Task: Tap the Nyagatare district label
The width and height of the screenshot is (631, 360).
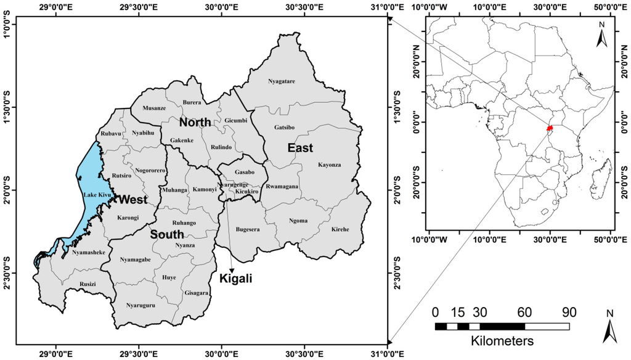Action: [282, 81]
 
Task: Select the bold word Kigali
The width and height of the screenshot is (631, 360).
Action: [236, 279]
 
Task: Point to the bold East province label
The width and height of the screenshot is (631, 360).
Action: [299, 148]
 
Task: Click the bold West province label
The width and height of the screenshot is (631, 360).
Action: [132, 200]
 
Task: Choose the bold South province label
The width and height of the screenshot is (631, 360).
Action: [166, 234]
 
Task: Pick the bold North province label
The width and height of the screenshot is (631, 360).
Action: [195, 123]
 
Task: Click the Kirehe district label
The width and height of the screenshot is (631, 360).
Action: [340, 229]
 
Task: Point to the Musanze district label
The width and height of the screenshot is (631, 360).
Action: [154, 108]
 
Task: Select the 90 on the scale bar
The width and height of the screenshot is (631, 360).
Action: [569, 312]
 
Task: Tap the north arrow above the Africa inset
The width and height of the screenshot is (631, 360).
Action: [603, 35]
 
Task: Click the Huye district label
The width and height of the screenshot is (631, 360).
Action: [169, 277]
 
